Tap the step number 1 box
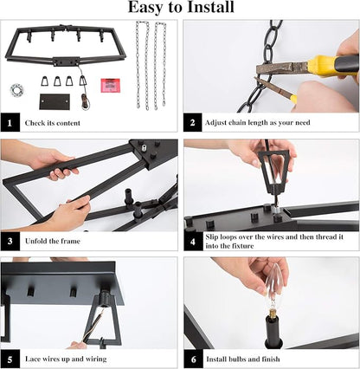point(10,122)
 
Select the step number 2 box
point(193,122)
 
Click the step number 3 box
point(10,241)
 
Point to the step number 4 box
point(193,242)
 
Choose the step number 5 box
point(10,359)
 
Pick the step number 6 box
point(193,359)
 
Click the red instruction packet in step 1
point(111,85)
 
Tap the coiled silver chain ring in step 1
point(17,90)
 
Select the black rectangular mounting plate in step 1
point(55,101)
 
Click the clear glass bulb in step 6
point(272,288)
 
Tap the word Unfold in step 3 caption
point(35,241)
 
